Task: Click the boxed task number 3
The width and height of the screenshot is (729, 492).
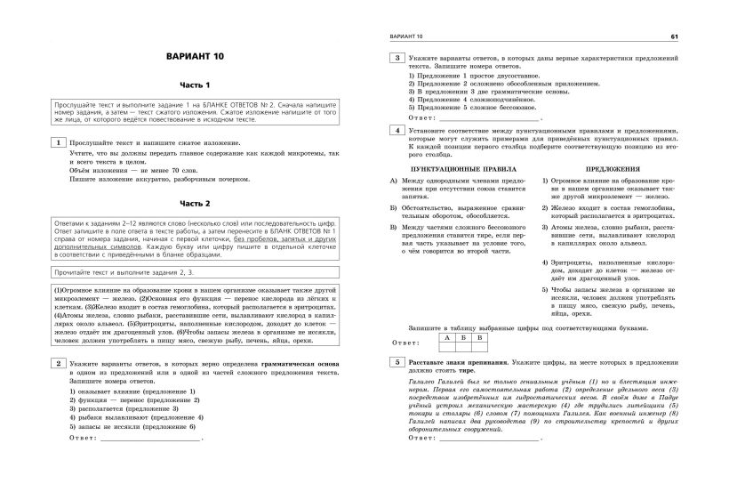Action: coord(395,57)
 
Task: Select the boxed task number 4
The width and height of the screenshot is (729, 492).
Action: coord(395,130)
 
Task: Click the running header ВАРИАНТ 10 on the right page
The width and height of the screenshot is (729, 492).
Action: coord(402,36)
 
